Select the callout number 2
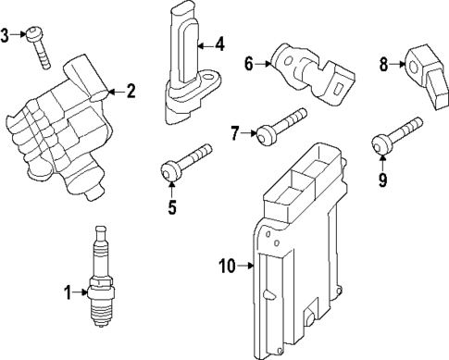131,91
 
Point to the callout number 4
218,43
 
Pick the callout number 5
171,206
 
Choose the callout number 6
248,64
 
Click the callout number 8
384,64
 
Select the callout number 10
226,267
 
